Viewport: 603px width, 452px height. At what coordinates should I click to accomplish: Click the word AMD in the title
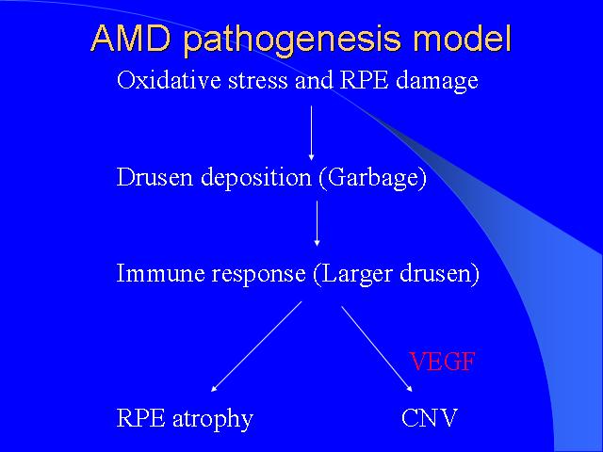(x=131, y=38)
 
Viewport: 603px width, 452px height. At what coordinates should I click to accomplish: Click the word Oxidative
(x=170, y=80)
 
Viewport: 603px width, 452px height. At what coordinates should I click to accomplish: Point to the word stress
(x=257, y=82)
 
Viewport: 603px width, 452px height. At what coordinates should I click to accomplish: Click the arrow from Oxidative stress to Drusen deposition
(x=312, y=133)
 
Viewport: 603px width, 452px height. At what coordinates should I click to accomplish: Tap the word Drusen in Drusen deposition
(x=155, y=178)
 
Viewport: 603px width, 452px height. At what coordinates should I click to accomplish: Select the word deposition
(x=256, y=179)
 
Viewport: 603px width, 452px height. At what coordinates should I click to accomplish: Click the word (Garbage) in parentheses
(x=373, y=179)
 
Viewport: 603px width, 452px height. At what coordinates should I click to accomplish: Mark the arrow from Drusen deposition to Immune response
(x=317, y=223)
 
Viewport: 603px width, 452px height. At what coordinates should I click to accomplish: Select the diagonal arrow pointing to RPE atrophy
(x=256, y=347)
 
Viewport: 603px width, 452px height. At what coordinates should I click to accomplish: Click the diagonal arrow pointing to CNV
(x=377, y=349)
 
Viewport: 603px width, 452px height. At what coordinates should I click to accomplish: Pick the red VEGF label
(x=442, y=362)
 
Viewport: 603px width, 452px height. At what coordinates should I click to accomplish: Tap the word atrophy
(x=213, y=419)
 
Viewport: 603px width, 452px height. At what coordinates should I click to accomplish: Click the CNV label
(x=430, y=417)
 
